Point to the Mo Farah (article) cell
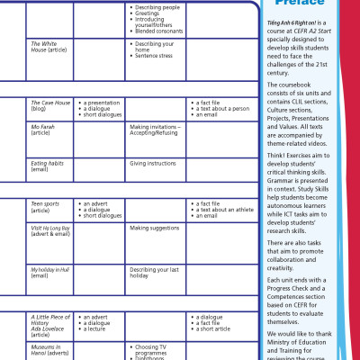43,130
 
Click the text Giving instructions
153,164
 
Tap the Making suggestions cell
155,229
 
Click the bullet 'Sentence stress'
155,54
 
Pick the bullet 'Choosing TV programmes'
158,348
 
